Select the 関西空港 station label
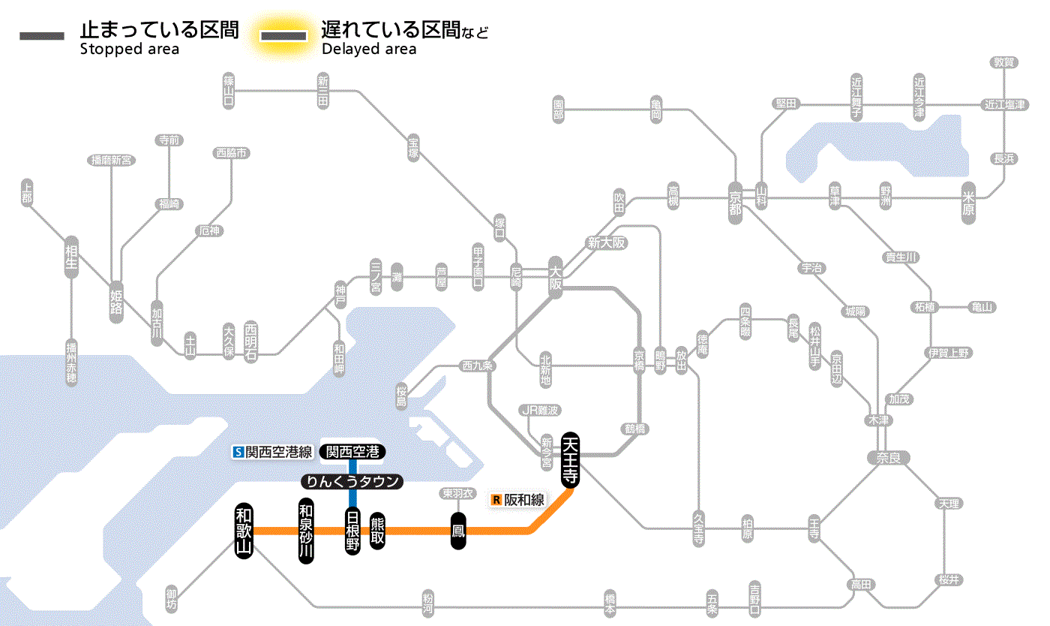(352, 452)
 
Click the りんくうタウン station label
(352, 482)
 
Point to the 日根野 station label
(352, 531)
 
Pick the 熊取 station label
(377, 531)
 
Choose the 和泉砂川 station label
(306, 531)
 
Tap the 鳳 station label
(459, 531)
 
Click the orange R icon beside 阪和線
(496, 499)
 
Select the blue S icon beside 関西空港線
(238, 452)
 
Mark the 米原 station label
(969, 203)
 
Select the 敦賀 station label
(1004, 62)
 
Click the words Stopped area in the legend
(129, 50)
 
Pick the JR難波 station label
(540, 410)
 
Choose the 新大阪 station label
(606, 242)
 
